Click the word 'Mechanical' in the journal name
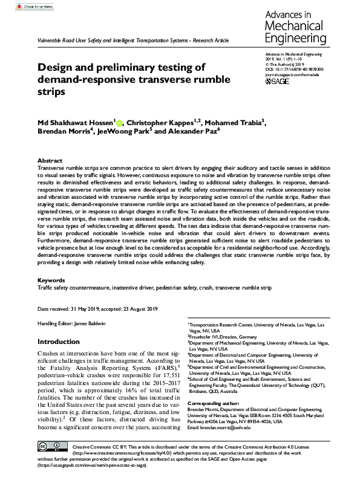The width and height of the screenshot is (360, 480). click(296, 27)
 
